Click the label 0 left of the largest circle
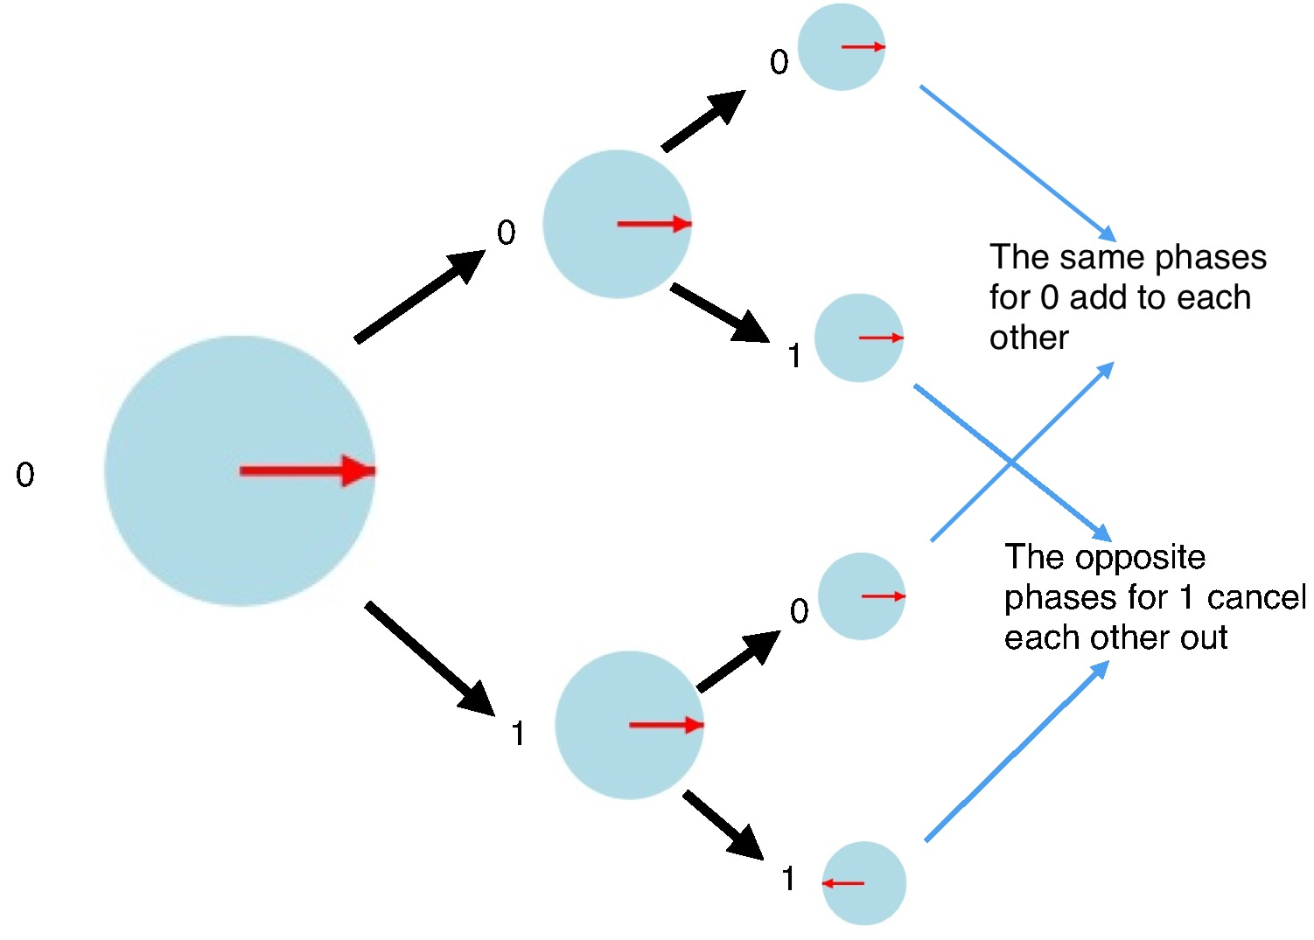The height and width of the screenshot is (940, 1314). (24, 475)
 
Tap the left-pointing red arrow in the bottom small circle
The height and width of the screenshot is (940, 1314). (843, 883)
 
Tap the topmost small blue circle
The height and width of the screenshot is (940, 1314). (841, 47)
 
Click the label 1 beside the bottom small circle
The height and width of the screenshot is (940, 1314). (788, 879)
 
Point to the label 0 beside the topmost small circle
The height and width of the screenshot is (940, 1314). (779, 62)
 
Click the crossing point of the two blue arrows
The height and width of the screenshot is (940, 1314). (1011, 462)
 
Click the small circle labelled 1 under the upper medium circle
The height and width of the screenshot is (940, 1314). (858, 338)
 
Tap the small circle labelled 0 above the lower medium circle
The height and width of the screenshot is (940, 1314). (861, 596)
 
